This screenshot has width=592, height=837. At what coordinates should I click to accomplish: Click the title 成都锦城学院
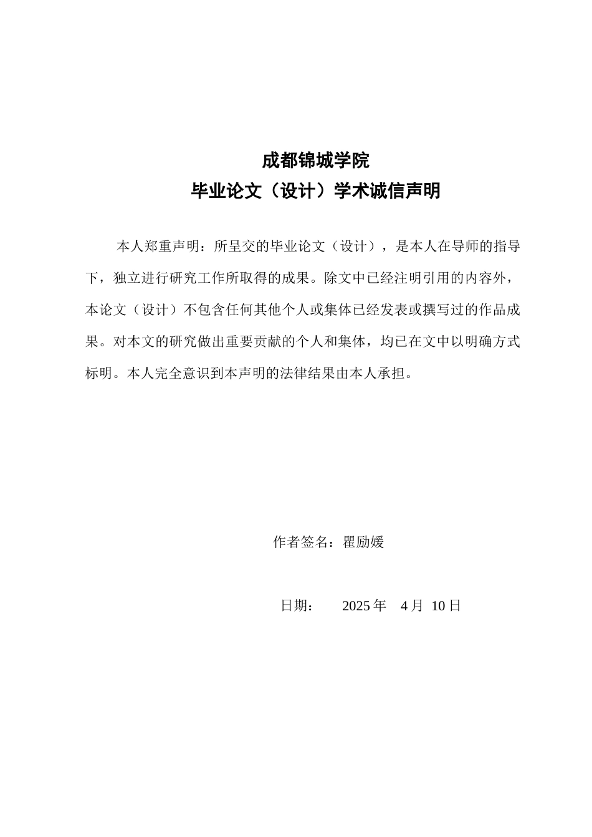315,161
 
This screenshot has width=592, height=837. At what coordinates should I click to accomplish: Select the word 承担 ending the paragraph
392,374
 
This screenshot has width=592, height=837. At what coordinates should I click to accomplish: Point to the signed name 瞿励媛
364,542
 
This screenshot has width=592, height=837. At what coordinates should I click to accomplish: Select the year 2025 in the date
356,605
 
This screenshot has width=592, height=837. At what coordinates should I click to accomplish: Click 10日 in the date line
446,605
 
